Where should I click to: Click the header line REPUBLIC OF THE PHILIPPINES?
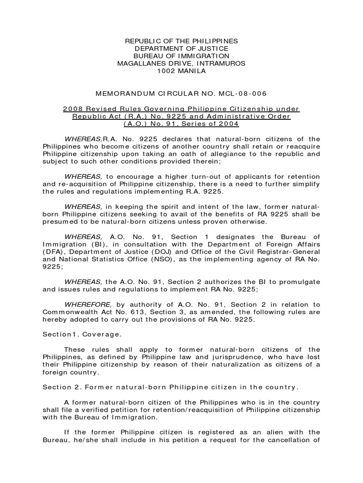coord(181,42)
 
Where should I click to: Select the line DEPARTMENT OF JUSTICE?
coord(181,49)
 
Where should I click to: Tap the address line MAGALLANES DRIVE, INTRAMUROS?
coord(181,64)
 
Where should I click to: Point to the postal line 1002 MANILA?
coord(181,71)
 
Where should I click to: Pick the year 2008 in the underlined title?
coord(72,109)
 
